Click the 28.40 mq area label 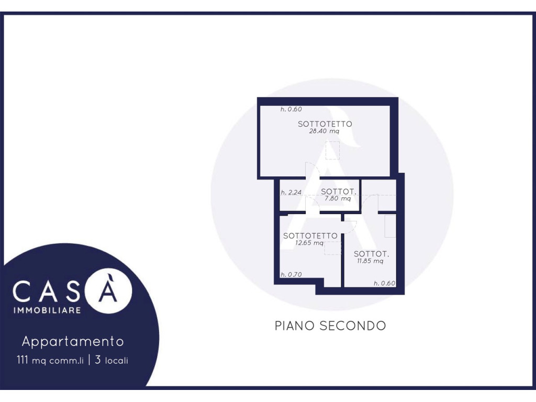[x=324, y=131]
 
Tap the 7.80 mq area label [x=338, y=198]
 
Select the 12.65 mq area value [x=309, y=243]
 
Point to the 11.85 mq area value [x=370, y=261]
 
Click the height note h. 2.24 [x=291, y=193]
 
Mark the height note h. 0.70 [x=291, y=274]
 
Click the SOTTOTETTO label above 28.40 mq [x=325, y=124]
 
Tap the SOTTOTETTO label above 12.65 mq [x=310, y=236]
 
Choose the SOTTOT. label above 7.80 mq [x=339, y=192]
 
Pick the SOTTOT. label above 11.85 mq [x=371, y=254]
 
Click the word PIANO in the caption [x=295, y=326]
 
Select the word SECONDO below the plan [x=353, y=326]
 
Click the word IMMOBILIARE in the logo [x=47, y=310]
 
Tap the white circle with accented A [x=108, y=291]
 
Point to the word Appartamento [x=73, y=341]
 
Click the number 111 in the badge [x=23, y=360]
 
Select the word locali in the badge [x=117, y=360]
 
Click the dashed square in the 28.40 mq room [x=332, y=150]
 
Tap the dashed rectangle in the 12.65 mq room [x=332, y=248]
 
